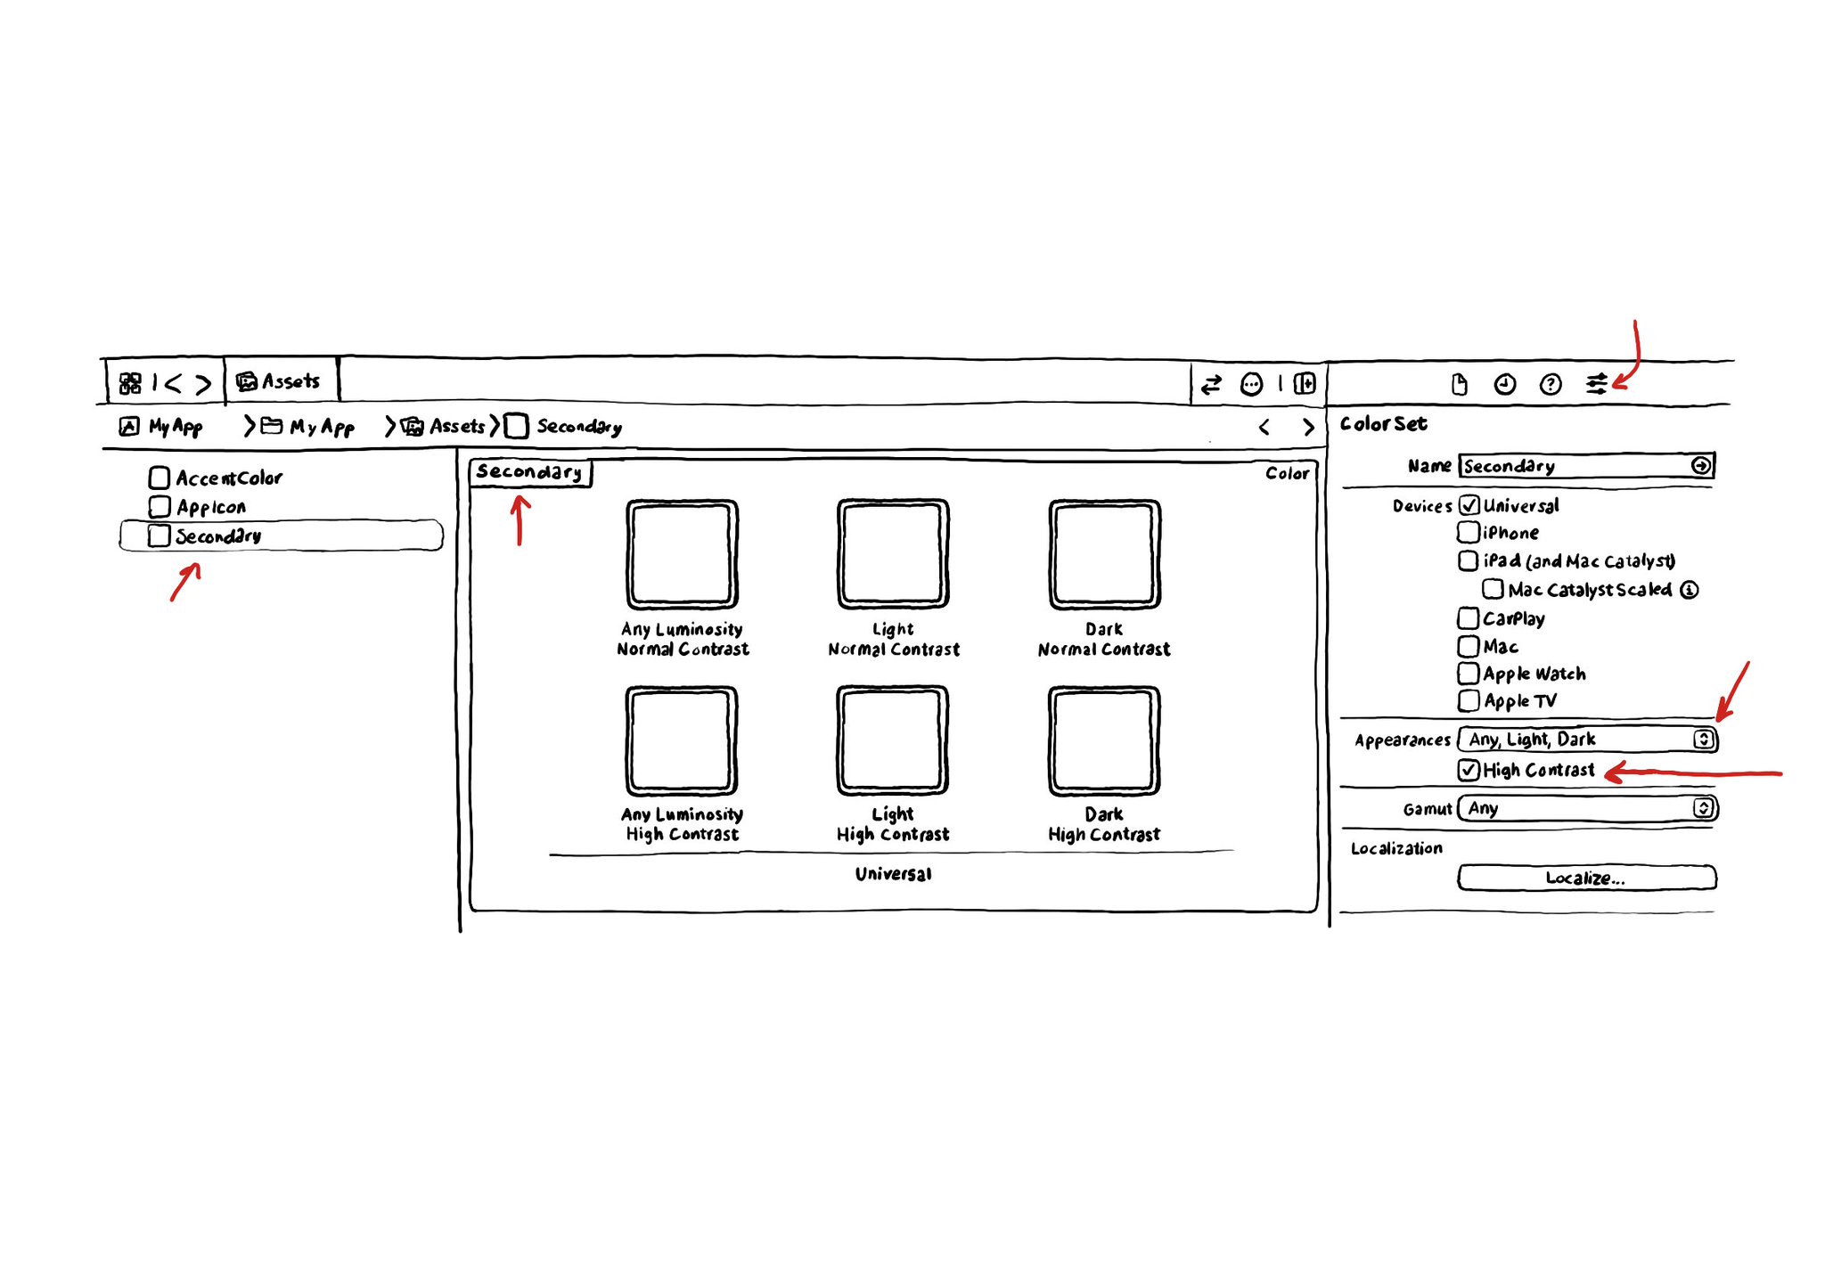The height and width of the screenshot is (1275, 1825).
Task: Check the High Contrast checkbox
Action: click(x=1469, y=770)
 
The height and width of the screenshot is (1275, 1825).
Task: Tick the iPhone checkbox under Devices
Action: click(x=1468, y=533)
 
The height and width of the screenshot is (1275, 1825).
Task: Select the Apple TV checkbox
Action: click(x=1468, y=701)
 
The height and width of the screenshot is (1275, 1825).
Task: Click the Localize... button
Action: click(x=1586, y=878)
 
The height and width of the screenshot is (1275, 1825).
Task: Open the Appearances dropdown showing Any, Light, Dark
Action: click(x=1587, y=740)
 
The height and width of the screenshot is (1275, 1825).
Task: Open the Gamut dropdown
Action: click(x=1587, y=808)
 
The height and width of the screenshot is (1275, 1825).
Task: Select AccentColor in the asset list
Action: click(x=228, y=478)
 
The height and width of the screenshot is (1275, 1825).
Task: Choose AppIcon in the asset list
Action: click(x=210, y=507)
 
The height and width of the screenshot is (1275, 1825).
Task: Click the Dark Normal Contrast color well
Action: click(x=1104, y=554)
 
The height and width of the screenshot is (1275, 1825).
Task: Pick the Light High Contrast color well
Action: click(x=892, y=740)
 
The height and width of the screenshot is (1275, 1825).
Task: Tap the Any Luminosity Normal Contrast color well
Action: click(x=682, y=554)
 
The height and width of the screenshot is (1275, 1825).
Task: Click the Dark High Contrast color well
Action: click(x=1104, y=740)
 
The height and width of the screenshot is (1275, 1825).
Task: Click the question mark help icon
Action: click(x=1551, y=384)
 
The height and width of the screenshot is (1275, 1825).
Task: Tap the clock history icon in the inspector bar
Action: click(x=1504, y=384)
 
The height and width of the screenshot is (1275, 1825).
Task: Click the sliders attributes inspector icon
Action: click(x=1596, y=384)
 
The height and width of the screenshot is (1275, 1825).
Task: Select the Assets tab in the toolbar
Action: click(x=280, y=381)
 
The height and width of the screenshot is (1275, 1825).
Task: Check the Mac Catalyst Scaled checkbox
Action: click(x=1493, y=590)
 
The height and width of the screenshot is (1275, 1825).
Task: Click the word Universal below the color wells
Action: click(x=893, y=874)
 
